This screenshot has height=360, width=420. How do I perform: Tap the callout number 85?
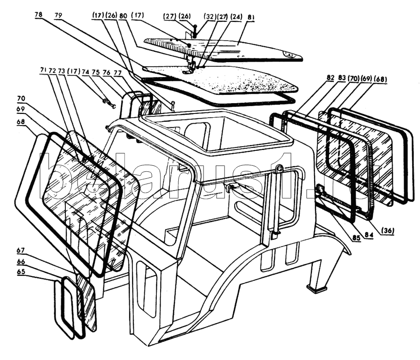coord(356,237)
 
